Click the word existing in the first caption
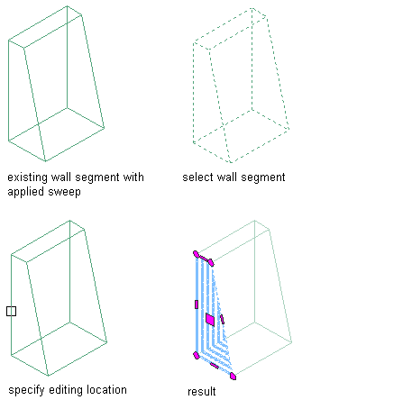click(27, 177)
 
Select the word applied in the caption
click(25, 192)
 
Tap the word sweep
click(64, 192)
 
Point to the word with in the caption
click(133, 177)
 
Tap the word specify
click(27, 390)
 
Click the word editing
click(66, 390)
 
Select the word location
click(106, 390)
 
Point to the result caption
click(202, 392)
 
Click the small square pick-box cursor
click(11, 311)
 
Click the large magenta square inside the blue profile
click(210, 320)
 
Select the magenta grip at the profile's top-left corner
click(196, 254)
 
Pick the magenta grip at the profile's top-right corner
click(211, 263)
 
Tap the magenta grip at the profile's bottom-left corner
click(197, 356)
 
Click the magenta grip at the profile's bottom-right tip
click(233, 376)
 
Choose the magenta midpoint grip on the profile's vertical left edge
click(197, 304)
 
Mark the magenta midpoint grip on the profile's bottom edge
click(215, 366)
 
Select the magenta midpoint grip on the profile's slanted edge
click(222, 319)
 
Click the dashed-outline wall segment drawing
click(241, 86)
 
